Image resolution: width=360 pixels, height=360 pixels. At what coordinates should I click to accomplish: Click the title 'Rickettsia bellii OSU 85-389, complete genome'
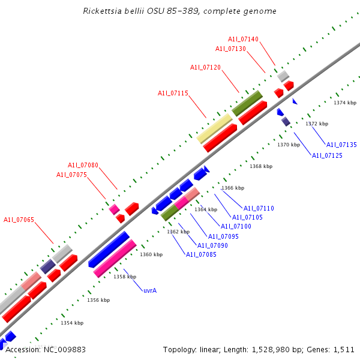click(180, 11)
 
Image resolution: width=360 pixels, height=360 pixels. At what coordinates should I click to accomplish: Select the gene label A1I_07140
click(243, 39)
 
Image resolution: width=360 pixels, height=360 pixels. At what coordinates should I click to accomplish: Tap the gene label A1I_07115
click(173, 93)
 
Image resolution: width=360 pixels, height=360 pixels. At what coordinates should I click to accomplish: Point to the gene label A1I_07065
click(19, 220)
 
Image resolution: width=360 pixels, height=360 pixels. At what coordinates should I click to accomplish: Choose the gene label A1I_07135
click(341, 145)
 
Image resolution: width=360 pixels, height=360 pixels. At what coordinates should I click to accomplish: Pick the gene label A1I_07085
click(201, 254)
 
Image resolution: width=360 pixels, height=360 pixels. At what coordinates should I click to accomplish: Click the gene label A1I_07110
click(259, 208)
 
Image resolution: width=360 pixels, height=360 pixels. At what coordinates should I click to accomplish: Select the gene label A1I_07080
click(83, 165)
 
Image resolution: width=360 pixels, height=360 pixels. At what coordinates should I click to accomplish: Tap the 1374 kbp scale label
click(345, 103)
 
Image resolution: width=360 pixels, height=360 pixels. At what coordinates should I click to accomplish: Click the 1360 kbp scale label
click(151, 254)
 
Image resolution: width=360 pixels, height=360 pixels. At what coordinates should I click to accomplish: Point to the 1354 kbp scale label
click(72, 323)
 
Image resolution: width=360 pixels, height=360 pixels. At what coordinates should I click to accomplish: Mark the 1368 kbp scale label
click(261, 166)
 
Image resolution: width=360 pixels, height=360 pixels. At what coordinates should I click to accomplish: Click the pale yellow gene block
click(215, 129)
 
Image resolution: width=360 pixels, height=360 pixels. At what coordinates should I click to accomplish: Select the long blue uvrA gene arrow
click(109, 250)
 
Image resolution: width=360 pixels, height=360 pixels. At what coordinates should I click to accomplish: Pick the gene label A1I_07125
click(327, 155)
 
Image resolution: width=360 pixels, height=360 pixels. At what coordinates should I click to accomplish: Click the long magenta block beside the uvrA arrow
click(115, 259)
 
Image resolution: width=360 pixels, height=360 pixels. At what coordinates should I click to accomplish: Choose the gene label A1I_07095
click(224, 236)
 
